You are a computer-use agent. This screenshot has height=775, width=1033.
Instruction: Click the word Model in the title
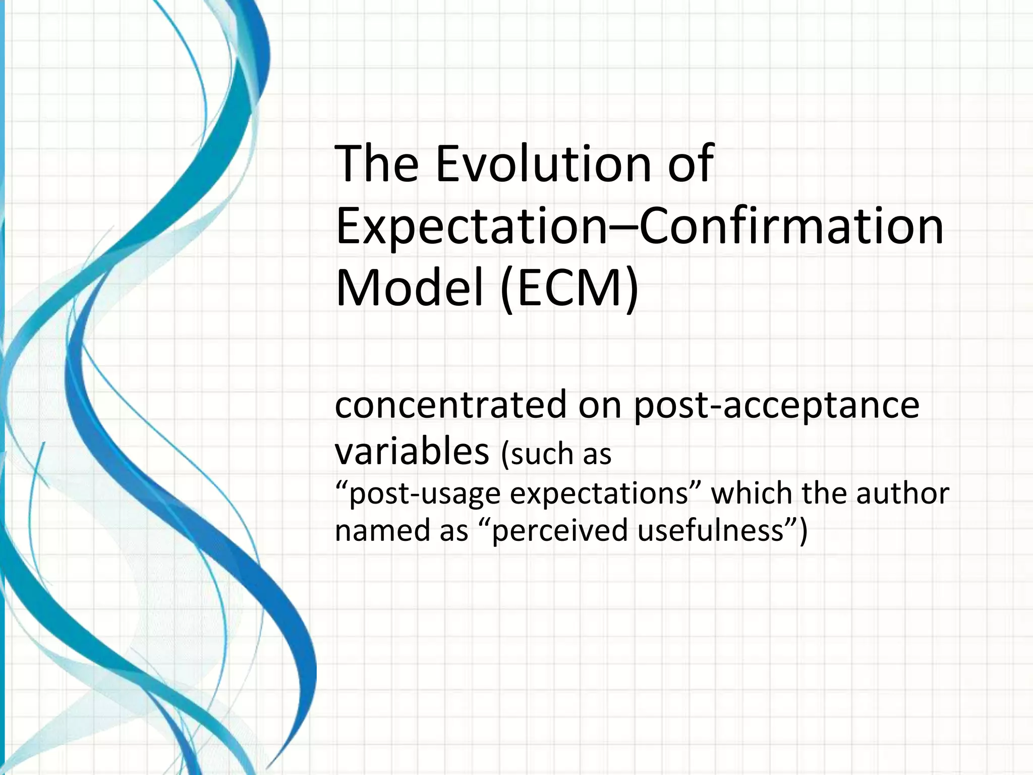[409, 289]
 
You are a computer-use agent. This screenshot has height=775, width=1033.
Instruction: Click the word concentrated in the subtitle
[450, 405]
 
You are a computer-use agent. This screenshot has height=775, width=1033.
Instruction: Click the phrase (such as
[556, 454]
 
